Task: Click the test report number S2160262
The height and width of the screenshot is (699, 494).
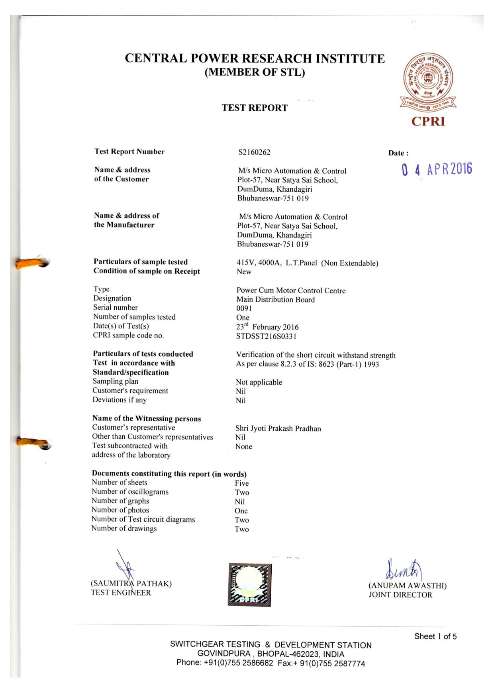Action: (x=254, y=152)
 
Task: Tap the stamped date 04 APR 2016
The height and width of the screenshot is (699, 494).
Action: (x=437, y=169)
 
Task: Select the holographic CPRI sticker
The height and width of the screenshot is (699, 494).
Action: (x=250, y=585)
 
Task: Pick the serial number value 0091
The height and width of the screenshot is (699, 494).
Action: (x=244, y=308)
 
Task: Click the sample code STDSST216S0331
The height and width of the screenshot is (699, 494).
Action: (x=266, y=336)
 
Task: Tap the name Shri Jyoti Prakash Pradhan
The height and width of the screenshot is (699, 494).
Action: (x=278, y=428)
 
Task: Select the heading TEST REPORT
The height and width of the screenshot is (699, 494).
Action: (x=255, y=108)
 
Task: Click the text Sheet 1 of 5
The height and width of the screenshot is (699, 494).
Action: (x=435, y=636)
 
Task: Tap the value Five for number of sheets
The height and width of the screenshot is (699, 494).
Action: (x=241, y=483)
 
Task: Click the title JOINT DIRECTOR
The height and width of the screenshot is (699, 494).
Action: (x=400, y=595)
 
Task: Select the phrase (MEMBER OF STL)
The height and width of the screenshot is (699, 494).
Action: (x=255, y=73)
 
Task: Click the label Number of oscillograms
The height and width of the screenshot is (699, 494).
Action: (x=130, y=492)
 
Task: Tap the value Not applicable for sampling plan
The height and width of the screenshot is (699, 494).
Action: (x=259, y=383)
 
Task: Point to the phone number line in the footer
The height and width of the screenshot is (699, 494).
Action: (x=271, y=663)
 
